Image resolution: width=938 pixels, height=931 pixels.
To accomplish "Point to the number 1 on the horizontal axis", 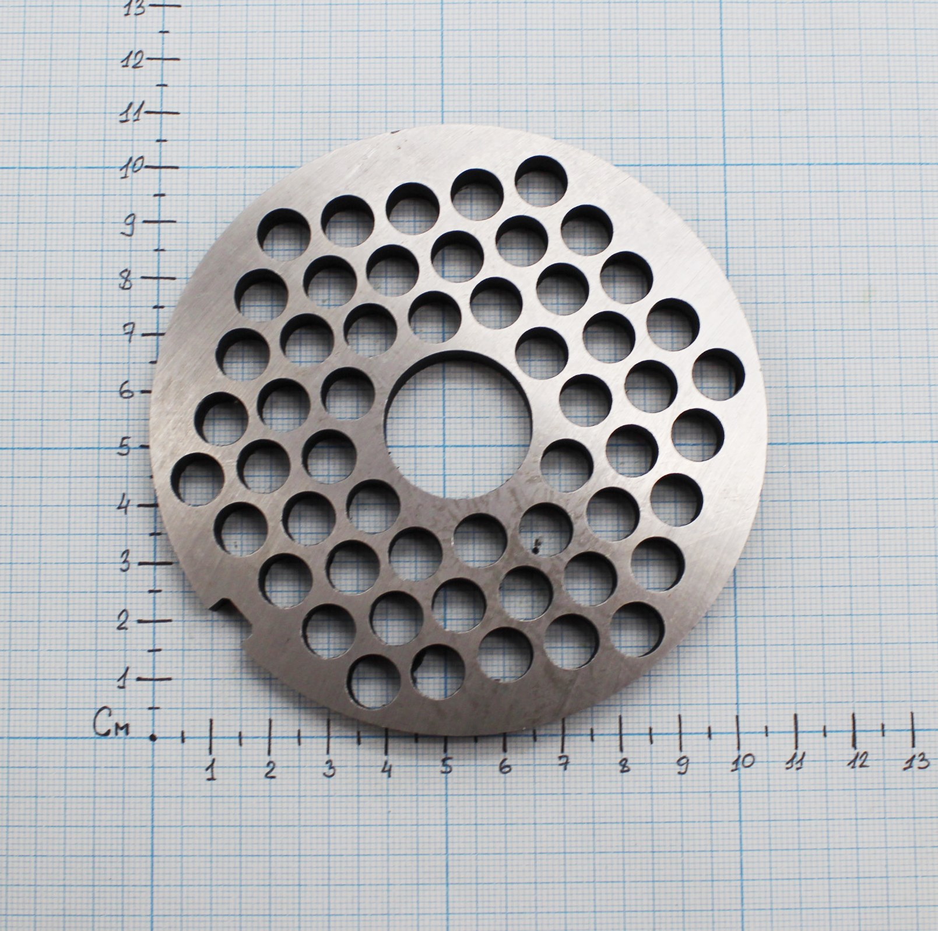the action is click(211, 770).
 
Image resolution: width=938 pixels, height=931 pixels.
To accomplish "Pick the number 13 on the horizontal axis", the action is click(917, 760).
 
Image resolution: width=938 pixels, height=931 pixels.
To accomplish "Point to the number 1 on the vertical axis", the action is click(123, 679).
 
